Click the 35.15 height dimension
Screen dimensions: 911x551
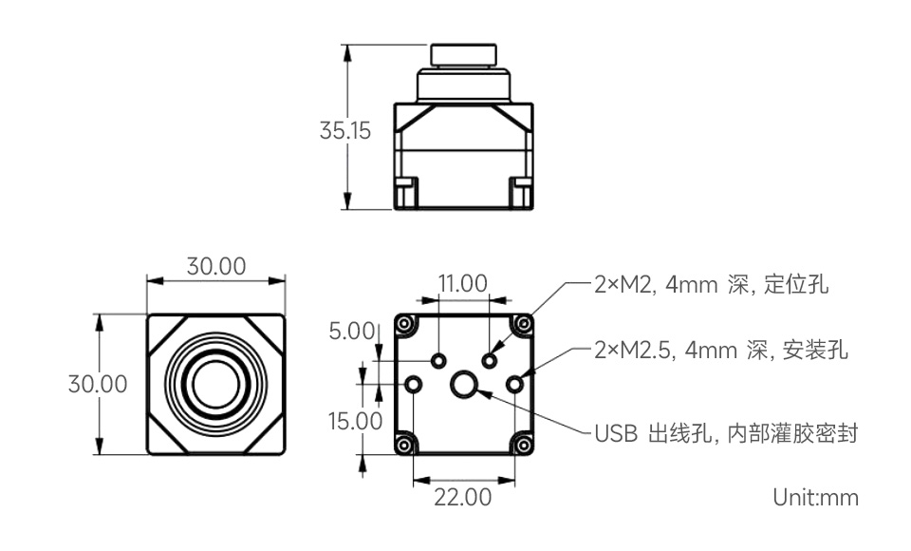[344, 130]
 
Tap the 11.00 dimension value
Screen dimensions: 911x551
[462, 283]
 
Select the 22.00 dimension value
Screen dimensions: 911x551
[462, 497]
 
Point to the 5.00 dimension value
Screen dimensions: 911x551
[351, 331]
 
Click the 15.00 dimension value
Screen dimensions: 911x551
[355, 421]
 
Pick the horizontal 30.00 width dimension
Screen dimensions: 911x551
[216, 267]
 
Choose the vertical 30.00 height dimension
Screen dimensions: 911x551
[98, 384]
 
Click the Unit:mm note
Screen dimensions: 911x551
[815, 498]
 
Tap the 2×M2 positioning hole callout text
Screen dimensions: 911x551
[711, 284]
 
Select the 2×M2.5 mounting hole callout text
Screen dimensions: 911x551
[720, 351]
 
